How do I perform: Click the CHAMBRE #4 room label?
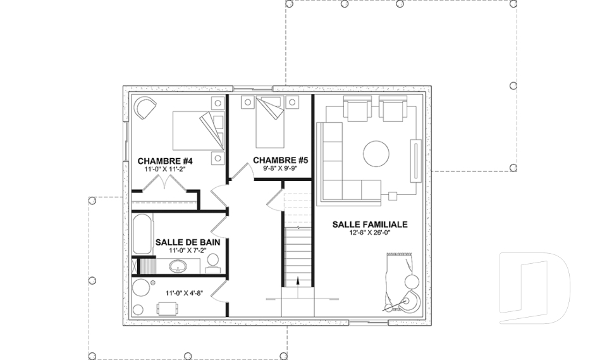point(165,161)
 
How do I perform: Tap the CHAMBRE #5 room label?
point(281,160)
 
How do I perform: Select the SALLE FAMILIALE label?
point(370,225)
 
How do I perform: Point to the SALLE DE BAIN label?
point(188,242)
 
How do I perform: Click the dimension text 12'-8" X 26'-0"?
point(370,232)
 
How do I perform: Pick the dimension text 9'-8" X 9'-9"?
point(281,168)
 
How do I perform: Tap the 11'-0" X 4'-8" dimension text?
point(184,294)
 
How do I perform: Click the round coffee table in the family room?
point(376,154)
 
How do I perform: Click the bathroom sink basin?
point(178,266)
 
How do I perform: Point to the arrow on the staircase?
point(298,281)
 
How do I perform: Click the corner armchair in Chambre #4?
point(145,108)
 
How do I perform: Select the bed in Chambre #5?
point(270,122)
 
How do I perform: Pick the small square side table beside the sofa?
point(393,196)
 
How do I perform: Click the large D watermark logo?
point(535,288)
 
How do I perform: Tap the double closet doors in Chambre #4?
point(165,183)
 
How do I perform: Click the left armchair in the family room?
point(357,109)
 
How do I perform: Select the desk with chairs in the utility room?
point(168,309)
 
